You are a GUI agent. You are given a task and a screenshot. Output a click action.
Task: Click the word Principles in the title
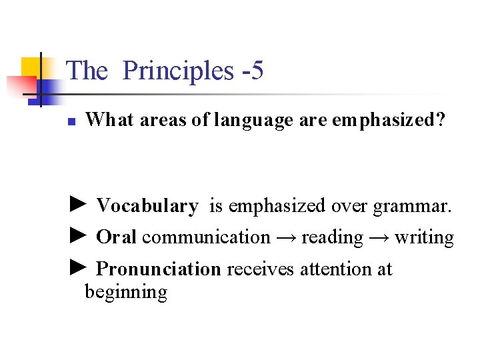tap(178, 71)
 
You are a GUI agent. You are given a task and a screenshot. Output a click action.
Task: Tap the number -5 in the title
tap(251, 71)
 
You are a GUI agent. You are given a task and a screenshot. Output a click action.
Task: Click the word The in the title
tap(87, 71)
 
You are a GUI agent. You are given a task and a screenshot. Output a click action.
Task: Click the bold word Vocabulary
tap(147, 207)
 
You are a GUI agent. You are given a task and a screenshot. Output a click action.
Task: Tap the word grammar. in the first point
tap(412, 207)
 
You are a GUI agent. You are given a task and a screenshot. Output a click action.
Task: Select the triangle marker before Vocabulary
tap(78, 204)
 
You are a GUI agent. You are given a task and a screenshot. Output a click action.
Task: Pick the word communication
tap(206, 237)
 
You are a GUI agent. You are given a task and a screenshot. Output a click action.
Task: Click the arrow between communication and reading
tap(285, 237)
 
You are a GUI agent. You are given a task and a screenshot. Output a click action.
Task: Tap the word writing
tap(424, 237)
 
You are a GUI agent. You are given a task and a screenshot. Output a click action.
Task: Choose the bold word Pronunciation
tap(158, 269)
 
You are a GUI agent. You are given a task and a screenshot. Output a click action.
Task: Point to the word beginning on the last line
tap(125, 293)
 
